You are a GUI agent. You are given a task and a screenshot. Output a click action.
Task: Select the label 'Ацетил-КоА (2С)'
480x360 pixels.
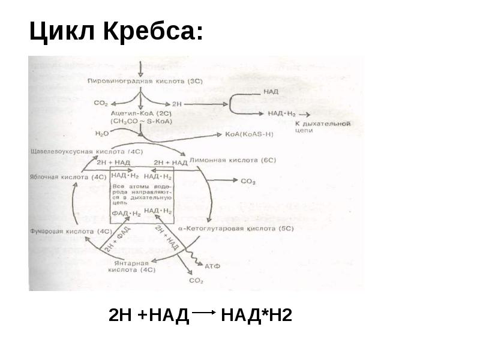tap(135, 112)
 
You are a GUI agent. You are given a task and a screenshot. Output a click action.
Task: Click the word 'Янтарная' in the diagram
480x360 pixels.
tap(129, 263)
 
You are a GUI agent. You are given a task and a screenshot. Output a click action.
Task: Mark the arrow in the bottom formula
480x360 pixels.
tap(205, 312)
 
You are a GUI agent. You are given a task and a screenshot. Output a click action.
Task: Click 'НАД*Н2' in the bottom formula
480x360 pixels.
tap(256, 314)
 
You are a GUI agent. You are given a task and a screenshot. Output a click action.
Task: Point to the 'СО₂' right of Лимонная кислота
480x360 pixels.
tap(248, 181)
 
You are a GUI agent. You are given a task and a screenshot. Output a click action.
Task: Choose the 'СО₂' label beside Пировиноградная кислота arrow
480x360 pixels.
tap(100, 103)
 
